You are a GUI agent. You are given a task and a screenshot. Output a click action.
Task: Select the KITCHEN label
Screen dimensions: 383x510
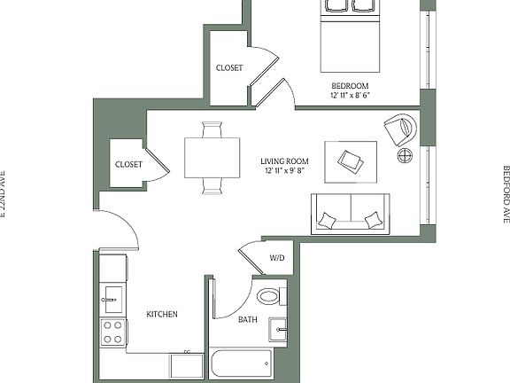162,315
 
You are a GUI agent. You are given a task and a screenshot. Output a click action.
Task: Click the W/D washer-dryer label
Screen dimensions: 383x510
277,258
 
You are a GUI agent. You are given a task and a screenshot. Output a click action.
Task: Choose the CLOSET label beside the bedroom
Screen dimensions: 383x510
231,67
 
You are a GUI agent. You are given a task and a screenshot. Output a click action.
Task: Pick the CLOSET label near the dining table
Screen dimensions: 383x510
128,164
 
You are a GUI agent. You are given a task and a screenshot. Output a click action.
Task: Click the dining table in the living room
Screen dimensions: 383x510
212,158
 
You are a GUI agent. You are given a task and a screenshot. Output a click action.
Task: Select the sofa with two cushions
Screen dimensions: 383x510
352,213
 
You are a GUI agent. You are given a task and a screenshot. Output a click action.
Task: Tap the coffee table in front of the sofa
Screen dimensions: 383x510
351,160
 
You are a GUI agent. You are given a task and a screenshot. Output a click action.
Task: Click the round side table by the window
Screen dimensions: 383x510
405,157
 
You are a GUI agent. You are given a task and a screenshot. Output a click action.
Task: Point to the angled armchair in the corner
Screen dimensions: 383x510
400,129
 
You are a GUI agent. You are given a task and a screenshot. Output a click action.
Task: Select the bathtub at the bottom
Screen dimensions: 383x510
242,363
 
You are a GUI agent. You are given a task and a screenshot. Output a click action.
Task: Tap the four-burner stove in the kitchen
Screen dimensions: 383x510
112,332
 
